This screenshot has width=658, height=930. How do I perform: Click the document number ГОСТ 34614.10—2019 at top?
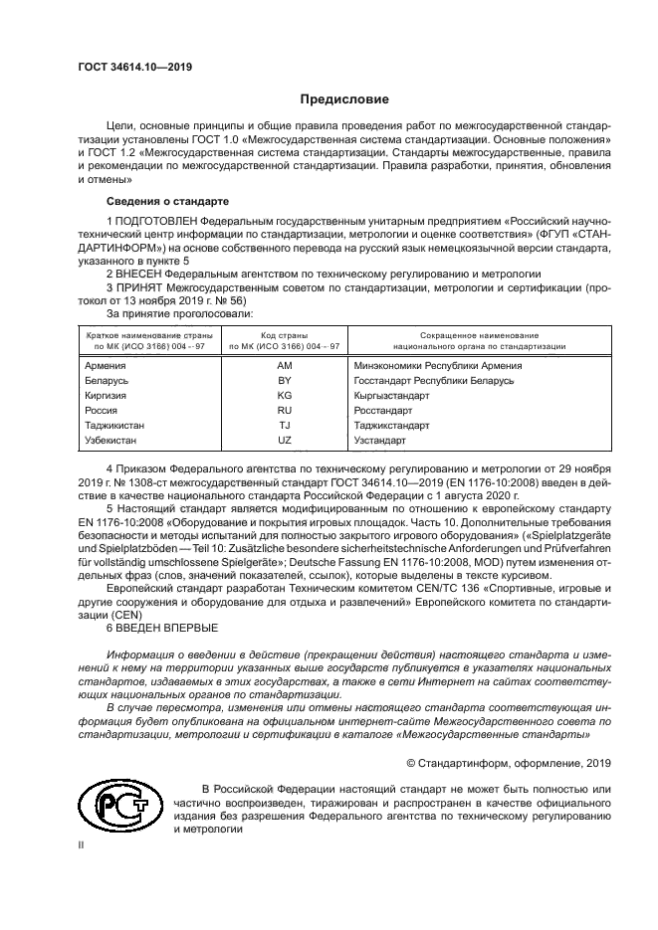tap(134, 68)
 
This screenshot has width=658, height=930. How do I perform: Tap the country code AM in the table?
tap(285, 366)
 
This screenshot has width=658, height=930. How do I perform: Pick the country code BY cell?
tap(285, 381)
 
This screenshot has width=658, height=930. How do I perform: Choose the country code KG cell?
tap(285, 395)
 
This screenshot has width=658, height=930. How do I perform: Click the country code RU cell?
tap(285, 410)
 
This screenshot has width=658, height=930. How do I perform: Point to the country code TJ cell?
tap(285, 425)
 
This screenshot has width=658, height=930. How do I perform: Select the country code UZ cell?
tap(285, 439)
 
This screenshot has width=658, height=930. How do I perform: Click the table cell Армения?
tap(106, 366)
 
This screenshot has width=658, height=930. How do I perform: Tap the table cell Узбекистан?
tap(112, 439)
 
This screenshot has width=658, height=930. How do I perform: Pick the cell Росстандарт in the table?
tap(383, 410)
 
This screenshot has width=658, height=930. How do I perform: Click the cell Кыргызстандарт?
tap(392, 395)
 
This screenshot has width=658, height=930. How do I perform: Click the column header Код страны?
tap(285, 335)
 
